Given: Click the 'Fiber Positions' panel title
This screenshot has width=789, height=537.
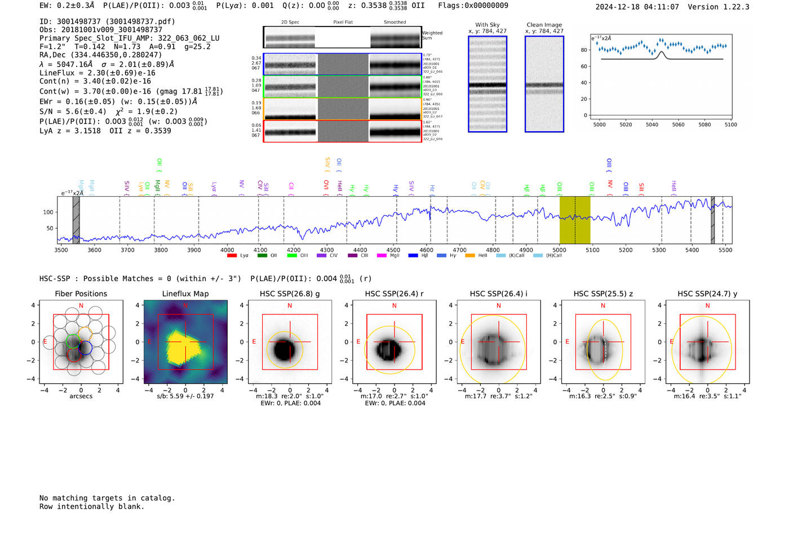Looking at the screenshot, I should pyautogui.click(x=81, y=294).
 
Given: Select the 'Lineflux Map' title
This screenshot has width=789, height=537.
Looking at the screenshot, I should pyautogui.click(x=185, y=294).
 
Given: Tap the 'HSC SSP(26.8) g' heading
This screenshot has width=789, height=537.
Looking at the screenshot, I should pyautogui.click(x=290, y=294).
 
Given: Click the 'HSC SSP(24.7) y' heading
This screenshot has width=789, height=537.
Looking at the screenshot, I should pyautogui.click(x=707, y=294).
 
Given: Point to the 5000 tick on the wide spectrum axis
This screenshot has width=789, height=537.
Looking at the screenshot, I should pyautogui.click(x=559, y=250).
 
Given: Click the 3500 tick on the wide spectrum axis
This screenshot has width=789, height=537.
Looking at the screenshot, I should pyautogui.click(x=61, y=250).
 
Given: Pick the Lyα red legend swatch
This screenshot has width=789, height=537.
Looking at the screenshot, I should pyautogui.click(x=232, y=256).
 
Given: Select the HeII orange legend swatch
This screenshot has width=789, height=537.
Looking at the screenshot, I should pyautogui.click(x=470, y=256).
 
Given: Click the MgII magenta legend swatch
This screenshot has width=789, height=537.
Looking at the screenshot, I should pyautogui.click(x=381, y=256).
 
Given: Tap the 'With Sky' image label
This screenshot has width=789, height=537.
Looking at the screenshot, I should pyautogui.click(x=487, y=25).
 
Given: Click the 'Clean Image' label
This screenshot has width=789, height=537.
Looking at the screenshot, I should pyautogui.click(x=544, y=25).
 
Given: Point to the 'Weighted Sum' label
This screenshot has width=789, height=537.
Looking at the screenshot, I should pyautogui.click(x=432, y=35).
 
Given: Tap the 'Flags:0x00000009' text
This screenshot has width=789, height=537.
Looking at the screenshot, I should pyautogui.click(x=473, y=5).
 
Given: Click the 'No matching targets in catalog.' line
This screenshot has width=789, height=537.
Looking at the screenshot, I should pyautogui.click(x=107, y=498).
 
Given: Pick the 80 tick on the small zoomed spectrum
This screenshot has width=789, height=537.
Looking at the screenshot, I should pyautogui.click(x=584, y=50).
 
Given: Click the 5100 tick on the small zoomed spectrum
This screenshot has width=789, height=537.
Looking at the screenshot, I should pyautogui.click(x=730, y=125).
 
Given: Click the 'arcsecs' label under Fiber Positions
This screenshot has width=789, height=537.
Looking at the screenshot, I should pyautogui.click(x=81, y=396).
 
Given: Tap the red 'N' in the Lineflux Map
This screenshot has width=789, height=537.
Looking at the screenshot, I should pyautogui.click(x=185, y=305).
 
